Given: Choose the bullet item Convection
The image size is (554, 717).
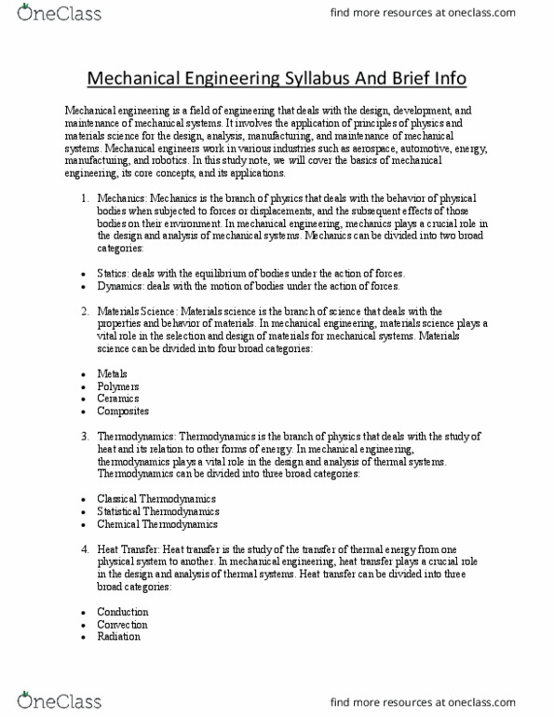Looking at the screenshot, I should (x=122, y=625).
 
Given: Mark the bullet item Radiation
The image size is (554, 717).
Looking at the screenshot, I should (x=119, y=637).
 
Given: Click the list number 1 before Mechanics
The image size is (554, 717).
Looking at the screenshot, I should (x=84, y=197).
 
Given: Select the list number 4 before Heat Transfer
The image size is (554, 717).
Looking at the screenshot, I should (x=84, y=549).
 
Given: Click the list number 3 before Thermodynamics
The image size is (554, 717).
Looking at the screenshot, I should (x=84, y=436).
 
